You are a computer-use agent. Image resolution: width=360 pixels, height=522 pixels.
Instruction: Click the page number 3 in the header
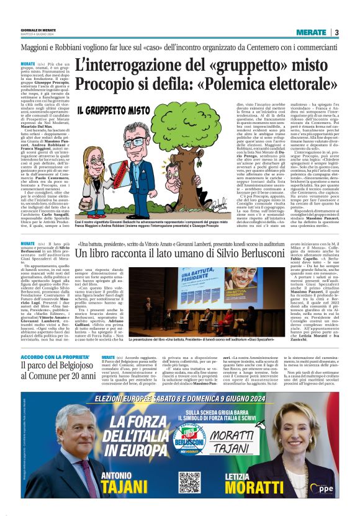pos(336,32)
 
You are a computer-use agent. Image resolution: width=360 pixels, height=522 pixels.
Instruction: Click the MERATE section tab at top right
pos(311,32)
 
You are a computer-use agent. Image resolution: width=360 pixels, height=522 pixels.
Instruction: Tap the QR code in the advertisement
pos(189,481)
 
